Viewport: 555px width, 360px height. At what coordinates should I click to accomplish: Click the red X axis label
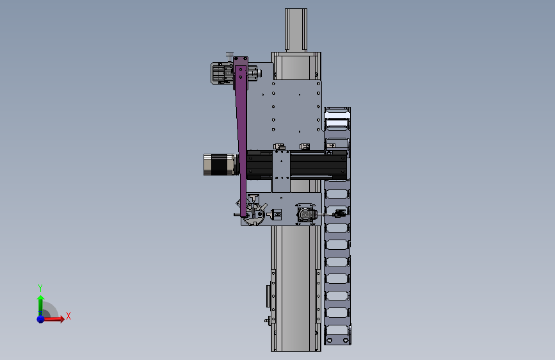68,316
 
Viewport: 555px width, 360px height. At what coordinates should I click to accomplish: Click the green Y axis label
40,288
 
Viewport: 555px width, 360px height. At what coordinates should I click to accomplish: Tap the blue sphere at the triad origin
41,319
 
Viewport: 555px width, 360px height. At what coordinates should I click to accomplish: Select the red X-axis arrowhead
62,319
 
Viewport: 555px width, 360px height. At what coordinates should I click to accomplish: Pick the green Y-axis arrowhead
41,299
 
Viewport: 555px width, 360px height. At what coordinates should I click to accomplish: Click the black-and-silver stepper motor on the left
220,165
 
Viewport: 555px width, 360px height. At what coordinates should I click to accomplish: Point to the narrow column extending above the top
296,30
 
